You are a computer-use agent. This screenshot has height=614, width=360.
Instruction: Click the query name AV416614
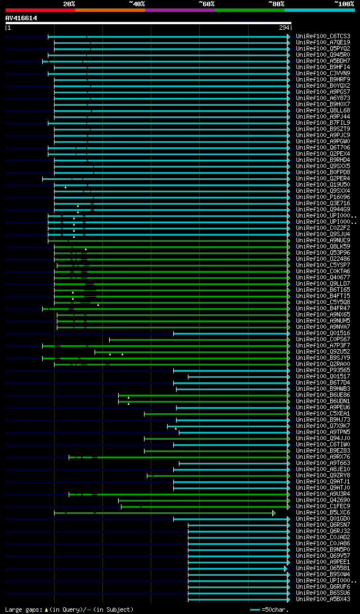[21, 18]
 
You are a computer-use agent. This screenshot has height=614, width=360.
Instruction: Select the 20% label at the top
[69, 3]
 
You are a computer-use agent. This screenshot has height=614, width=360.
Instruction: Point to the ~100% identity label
[344, 3]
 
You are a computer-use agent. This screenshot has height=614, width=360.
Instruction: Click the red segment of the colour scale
[40, 10]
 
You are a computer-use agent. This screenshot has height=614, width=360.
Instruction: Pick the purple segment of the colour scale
[179, 10]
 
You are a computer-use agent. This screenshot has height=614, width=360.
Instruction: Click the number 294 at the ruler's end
[283, 28]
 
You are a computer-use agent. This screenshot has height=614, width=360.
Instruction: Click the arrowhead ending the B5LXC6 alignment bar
[274, 513]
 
